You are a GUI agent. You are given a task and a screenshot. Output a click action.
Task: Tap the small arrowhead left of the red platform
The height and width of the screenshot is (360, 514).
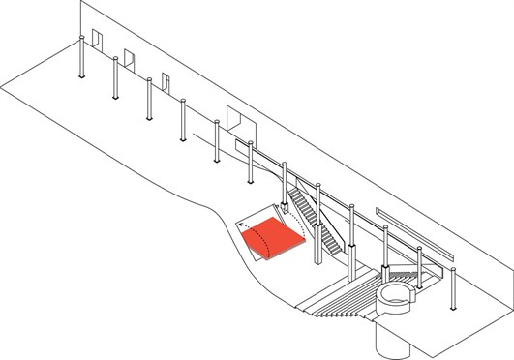pos(238,225)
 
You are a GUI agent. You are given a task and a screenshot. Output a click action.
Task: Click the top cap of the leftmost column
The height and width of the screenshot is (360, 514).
pos(80,40)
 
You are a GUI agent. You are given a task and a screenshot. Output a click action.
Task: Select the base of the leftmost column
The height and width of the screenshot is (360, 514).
pos(82,79)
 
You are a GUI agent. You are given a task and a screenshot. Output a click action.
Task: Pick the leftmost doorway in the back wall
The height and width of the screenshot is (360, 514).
pos(97,38)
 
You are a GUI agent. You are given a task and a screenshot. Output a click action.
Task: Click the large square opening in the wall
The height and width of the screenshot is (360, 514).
pos(238,119)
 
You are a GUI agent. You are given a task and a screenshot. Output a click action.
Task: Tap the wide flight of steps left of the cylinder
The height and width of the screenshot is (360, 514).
pos(338,295)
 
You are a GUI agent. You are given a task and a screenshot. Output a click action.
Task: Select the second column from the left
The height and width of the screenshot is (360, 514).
pos(117,78)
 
